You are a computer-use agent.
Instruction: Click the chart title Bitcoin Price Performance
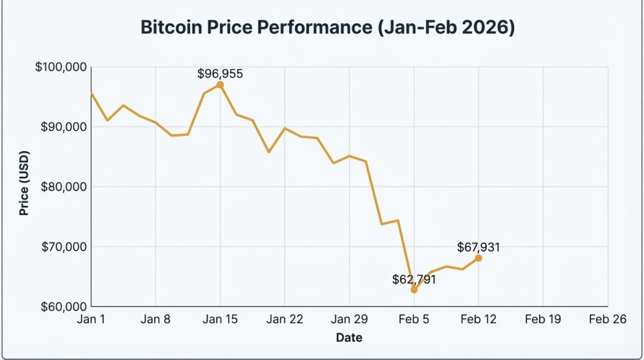(x=327, y=28)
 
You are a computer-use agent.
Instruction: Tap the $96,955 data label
(x=219, y=74)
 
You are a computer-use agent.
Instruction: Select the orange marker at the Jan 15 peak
(x=220, y=84)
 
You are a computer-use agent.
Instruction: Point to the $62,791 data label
(x=414, y=278)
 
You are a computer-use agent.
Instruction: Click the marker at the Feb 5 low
(x=414, y=290)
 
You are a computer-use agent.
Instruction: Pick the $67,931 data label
(x=479, y=247)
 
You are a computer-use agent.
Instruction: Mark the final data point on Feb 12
(x=479, y=257)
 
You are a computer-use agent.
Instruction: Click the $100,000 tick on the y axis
(x=61, y=67)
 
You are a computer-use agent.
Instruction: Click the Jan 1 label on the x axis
(x=92, y=320)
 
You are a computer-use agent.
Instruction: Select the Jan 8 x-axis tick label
(x=156, y=320)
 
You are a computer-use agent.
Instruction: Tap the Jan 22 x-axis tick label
(x=284, y=320)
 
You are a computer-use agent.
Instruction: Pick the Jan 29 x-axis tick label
(x=349, y=320)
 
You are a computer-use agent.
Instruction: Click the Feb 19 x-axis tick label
(x=543, y=320)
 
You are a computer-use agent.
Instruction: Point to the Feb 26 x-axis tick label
(x=608, y=320)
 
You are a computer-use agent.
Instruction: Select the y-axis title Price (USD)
(x=25, y=183)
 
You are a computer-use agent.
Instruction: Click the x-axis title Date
(x=349, y=338)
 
